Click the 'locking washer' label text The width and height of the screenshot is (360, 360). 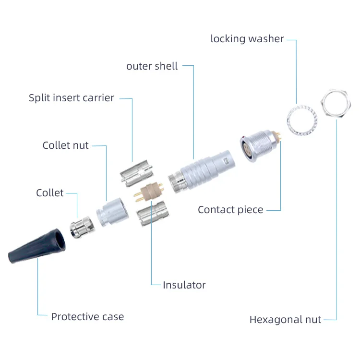click(247, 39)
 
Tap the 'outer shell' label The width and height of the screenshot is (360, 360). click(152, 66)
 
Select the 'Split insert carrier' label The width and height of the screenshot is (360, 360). click(71, 98)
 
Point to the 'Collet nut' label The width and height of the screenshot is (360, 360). click(65, 145)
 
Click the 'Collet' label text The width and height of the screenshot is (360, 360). click(49, 193)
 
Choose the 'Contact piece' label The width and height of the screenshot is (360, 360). click(230, 210)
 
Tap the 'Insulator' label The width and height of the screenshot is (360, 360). click(184, 285)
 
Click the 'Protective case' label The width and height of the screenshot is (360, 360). click(87, 316)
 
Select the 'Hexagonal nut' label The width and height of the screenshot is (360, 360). click(285, 320)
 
